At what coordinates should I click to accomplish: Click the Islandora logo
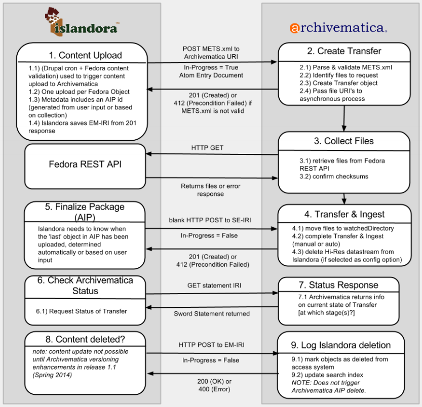82,22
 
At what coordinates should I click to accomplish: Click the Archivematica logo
338,27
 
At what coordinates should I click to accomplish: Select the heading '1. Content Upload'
85,55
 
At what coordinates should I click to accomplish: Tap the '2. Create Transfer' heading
344,51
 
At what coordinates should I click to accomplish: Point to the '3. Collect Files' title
343,141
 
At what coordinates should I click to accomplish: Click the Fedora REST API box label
85,164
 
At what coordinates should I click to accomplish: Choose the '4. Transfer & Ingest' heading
344,214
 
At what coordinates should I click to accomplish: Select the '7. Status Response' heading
338,285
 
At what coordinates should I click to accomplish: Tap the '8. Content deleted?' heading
85,339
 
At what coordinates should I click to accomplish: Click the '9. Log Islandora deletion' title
341,345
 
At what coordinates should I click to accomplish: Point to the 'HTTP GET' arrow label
207,148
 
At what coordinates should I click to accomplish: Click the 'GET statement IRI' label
214,286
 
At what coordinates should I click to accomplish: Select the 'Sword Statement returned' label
212,314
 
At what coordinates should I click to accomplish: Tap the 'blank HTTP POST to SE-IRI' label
210,220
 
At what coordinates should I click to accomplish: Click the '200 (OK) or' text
214,381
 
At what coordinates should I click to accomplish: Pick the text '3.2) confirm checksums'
334,177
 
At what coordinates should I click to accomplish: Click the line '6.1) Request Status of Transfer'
81,311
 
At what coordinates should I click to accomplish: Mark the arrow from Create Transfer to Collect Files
344,118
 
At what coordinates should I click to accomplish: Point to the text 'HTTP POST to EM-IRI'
212,345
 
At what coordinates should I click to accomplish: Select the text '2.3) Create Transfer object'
338,83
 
